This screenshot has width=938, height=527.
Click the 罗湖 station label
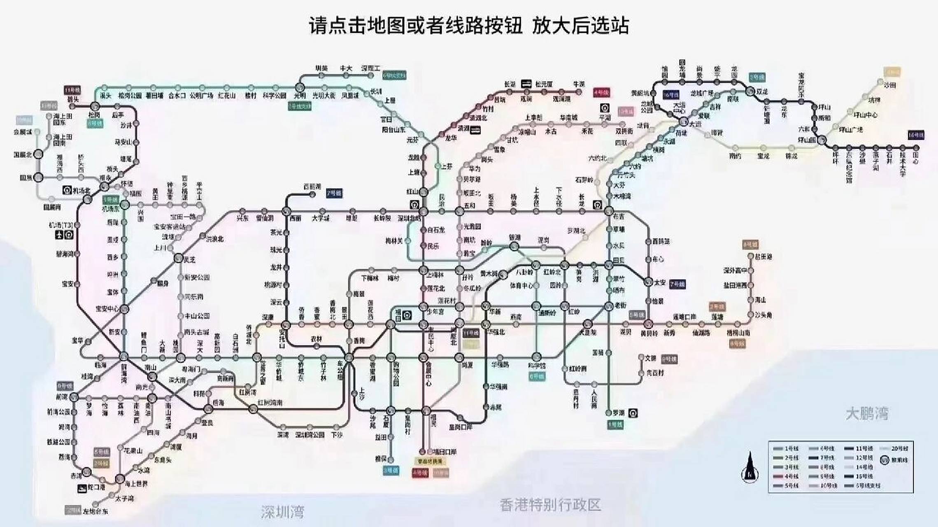click(x=618, y=413)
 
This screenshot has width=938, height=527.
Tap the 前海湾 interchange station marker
click(x=124, y=356)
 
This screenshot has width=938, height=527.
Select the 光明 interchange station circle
click(x=300, y=87)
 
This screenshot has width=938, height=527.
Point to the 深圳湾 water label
click(x=282, y=512)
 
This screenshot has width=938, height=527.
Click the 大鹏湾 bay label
click(x=867, y=413)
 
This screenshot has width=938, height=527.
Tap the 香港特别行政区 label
click(x=551, y=505)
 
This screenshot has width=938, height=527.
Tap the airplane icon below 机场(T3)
click(x=59, y=235)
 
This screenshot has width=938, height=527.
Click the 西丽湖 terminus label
click(x=312, y=187)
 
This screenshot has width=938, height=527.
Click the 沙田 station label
click(x=890, y=85)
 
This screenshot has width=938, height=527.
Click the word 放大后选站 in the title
click(x=580, y=26)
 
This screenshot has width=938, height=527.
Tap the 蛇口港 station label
click(x=96, y=487)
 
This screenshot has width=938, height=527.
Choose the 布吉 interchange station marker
click(x=609, y=211)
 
